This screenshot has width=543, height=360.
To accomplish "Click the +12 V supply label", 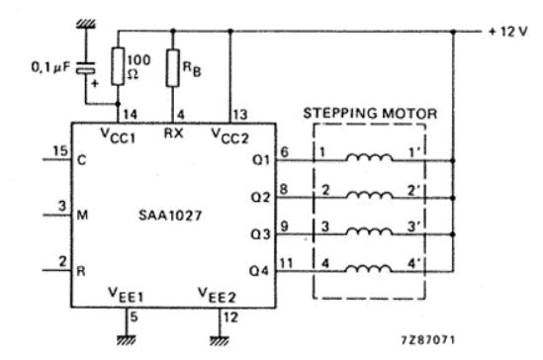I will (505, 33).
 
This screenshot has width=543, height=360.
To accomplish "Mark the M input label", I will (81, 211).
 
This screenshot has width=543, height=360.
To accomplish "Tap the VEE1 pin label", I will (128, 294).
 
